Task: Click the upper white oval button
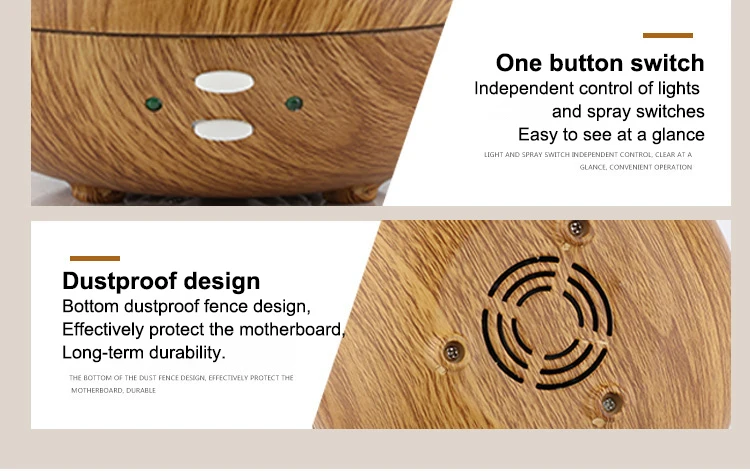pos(224,82)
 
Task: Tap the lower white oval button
pos(223,130)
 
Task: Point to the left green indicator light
pos(154,104)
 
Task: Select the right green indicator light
pos(294,103)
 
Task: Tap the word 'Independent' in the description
pos(524,88)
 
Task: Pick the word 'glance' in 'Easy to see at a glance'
pos(678,135)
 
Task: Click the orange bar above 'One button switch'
pos(668,35)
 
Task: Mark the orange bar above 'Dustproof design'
pos(95,258)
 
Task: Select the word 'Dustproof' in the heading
pos(120,281)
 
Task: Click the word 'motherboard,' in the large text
pos(292,329)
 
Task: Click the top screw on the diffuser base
pos(576,228)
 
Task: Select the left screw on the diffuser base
pos(452,353)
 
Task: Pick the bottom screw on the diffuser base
pos(609,404)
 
